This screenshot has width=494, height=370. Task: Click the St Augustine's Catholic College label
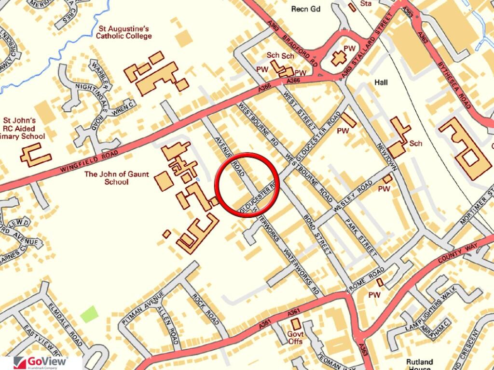pyautogui.click(x=124, y=32)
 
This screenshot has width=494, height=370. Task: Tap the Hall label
pyautogui.click(x=381, y=83)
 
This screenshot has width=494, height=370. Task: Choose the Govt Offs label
pyautogui.click(x=295, y=338)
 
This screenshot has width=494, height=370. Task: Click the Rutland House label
pyautogui.click(x=420, y=364)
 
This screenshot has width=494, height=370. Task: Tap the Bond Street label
pyautogui.click(x=318, y=235)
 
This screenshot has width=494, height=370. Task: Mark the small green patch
pyautogui.click(x=89, y=315)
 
